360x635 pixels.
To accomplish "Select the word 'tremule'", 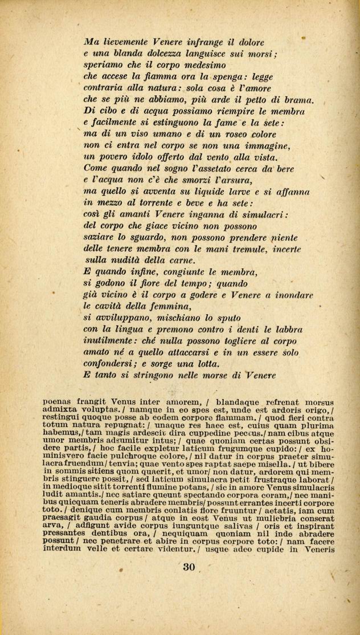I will (x=251, y=249).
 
